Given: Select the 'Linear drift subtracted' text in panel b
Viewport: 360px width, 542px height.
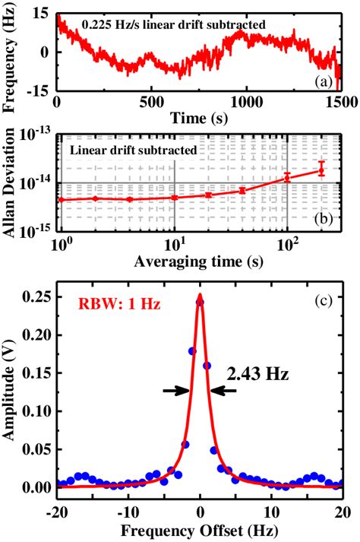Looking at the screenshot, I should [133, 150].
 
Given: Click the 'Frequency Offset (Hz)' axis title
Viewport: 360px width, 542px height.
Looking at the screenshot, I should [200, 530].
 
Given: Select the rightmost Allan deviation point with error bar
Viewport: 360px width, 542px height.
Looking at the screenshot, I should [321, 170].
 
